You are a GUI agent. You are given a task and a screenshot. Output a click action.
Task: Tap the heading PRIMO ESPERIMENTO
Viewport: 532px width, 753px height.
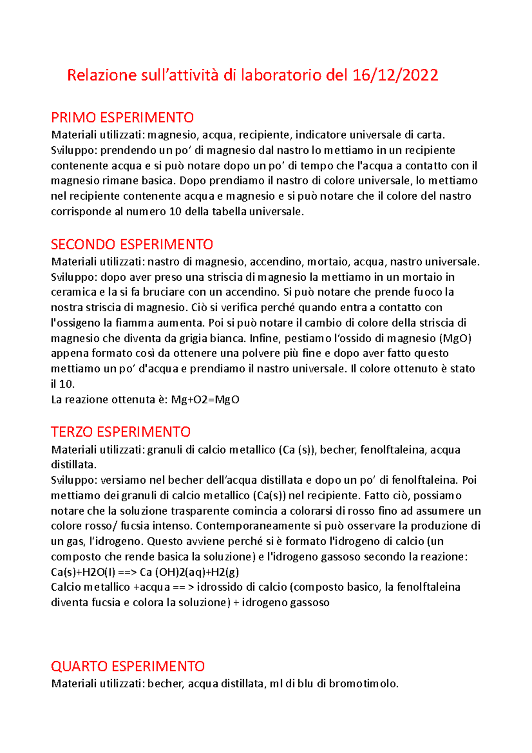(x=122, y=118)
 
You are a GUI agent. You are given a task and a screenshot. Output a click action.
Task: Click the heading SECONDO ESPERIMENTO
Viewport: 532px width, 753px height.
(x=132, y=244)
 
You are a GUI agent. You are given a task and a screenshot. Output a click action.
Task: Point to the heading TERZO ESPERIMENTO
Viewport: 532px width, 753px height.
(x=121, y=432)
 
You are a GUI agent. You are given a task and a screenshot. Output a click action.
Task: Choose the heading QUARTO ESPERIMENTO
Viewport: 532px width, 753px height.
(x=128, y=666)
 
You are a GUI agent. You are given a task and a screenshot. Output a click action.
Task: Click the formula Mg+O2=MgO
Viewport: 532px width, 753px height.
(x=205, y=400)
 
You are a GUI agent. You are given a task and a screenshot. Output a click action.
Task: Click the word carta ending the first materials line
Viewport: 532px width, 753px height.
(x=429, y=135)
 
